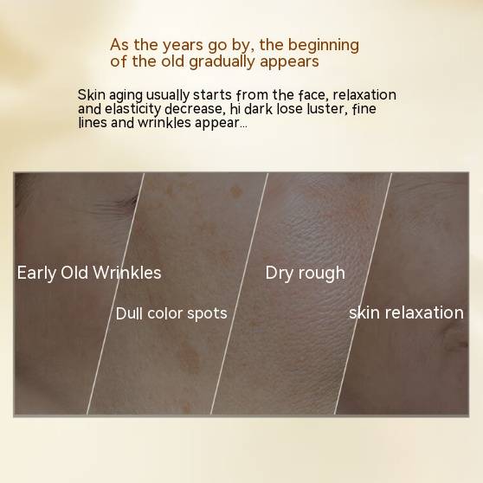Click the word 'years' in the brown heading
(x=183, y=46)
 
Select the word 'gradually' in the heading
(x=222, y=62)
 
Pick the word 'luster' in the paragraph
(x=328, y=109)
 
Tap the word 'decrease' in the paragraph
(x=193, y=109)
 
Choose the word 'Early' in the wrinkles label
(x=36, y=274)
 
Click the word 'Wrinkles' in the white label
(x=127, y=273)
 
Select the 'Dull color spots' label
(x=171, y=314)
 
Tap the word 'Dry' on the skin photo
(x=279, y=274)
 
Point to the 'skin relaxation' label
(x=406, y=312)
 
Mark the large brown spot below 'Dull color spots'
(x=189, y=356)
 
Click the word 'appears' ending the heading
(x=289, y=62)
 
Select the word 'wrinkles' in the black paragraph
(x=164, y=123)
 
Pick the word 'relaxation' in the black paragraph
(x=364, y=94)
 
